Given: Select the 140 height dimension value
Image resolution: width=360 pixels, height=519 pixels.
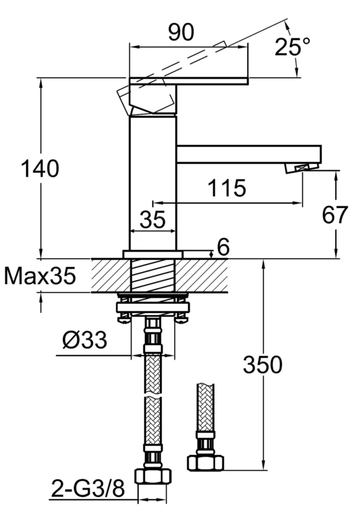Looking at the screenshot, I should (x=39, y=169).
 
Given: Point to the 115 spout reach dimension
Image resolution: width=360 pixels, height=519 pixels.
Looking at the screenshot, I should (x=226, y=188).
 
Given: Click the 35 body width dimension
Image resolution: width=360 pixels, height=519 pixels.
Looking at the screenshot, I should (x=152, y=220).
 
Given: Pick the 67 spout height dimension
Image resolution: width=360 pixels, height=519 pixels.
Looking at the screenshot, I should (x=334, y=215).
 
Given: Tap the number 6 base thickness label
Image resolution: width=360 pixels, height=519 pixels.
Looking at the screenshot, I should (x=223, y=248).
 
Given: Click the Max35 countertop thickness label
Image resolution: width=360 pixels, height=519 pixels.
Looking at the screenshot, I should (x=40, y=276).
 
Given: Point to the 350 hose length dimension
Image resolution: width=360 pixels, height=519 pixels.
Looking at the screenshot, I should (x=262, y=365).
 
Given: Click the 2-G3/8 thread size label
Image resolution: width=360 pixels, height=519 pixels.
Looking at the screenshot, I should (x=88, y=488).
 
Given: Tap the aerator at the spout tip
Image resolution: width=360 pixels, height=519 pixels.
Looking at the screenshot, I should (x=301, y=168).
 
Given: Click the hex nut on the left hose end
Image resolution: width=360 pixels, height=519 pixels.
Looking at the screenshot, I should (x=153, y=476).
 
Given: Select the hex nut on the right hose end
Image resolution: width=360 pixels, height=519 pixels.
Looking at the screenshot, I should (x=205, y=462).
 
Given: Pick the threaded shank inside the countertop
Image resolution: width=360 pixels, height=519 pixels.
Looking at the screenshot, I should (x=152, y=275).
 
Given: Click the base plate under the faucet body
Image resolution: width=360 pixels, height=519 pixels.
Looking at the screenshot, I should (x=152, y=254).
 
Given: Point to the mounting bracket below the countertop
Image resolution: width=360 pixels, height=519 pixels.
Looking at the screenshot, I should (x=152, y=307).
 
